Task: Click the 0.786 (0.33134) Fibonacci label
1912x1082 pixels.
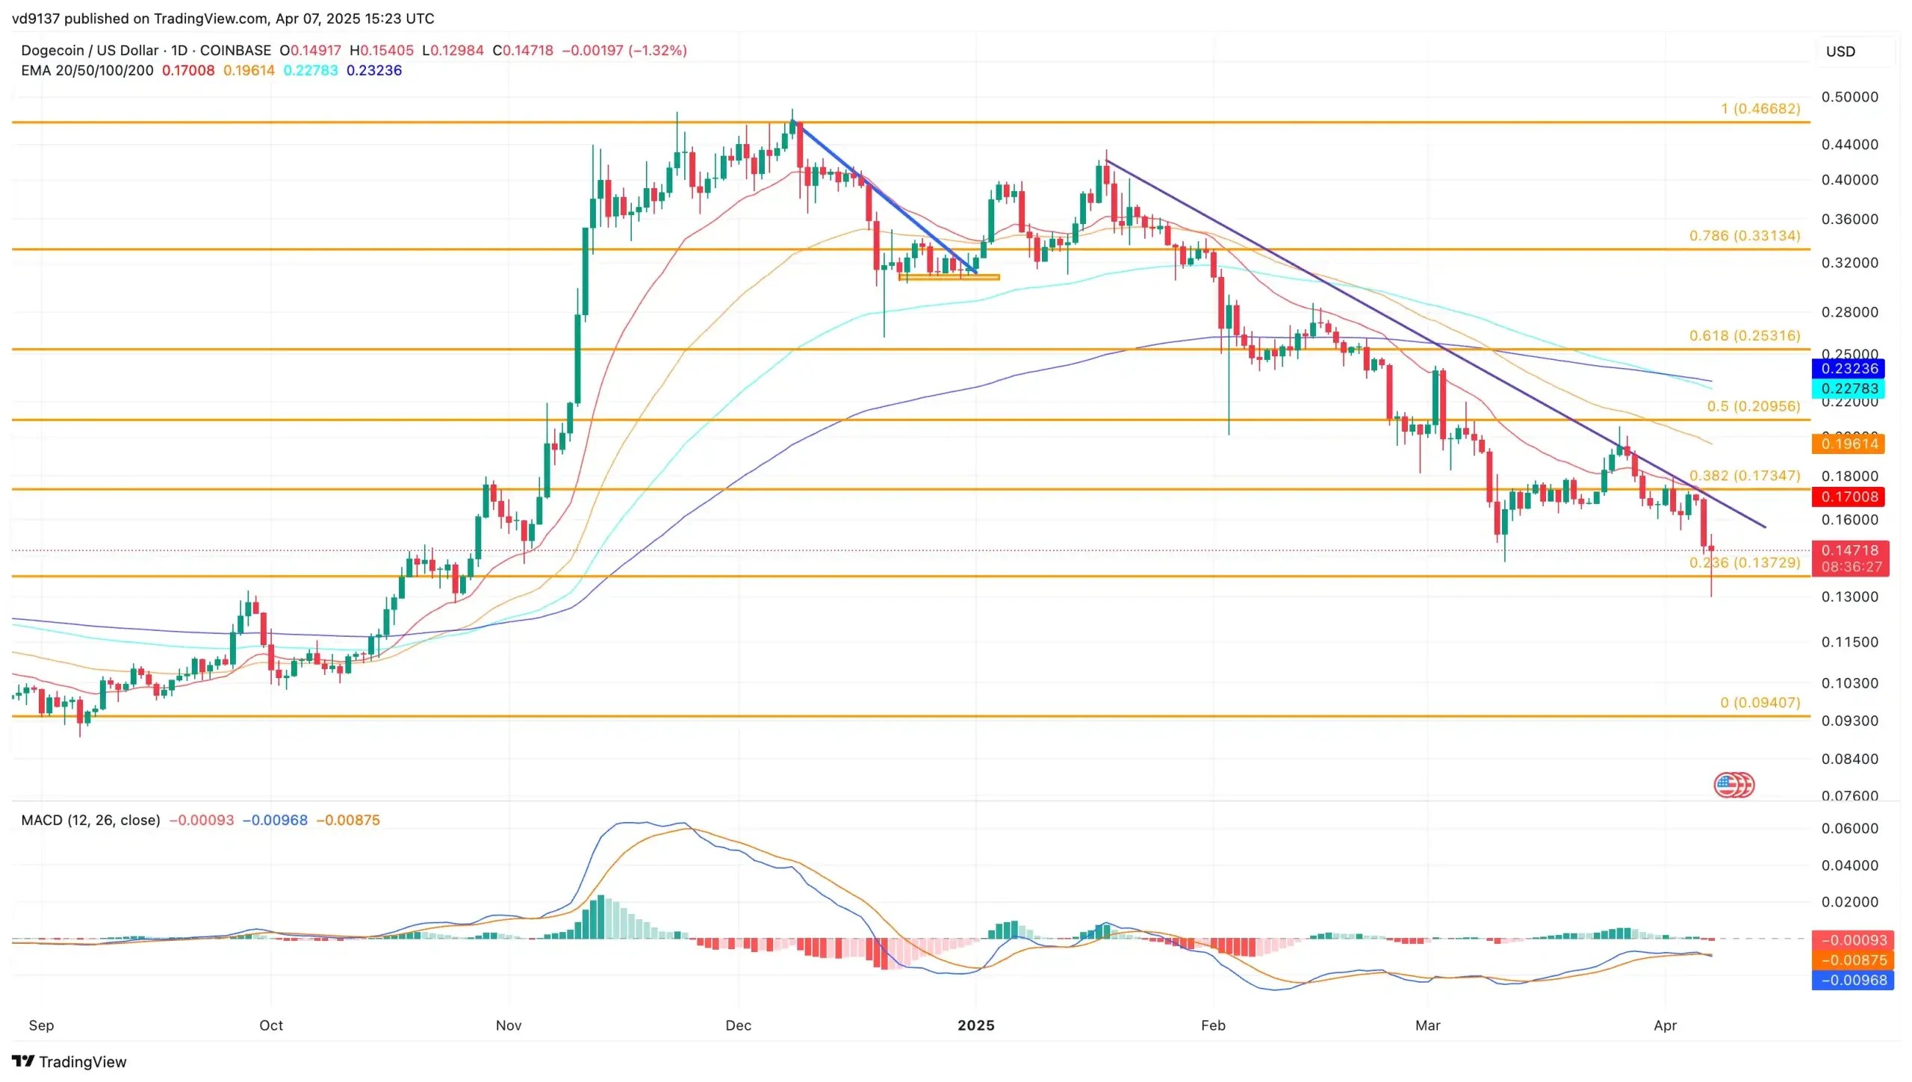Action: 1744,236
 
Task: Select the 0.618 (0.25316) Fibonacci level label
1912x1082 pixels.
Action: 1744,336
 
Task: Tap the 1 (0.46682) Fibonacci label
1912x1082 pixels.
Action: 1760,109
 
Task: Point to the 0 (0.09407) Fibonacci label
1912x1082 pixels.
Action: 1760,703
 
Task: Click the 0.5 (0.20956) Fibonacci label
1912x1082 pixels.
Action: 1753,406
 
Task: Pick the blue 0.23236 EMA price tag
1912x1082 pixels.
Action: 1849,369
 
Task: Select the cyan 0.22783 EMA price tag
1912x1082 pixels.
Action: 1849,388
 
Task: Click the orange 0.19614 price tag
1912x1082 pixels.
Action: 1849,444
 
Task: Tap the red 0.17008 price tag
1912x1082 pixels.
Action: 1849,497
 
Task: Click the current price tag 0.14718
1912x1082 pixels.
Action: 1849,551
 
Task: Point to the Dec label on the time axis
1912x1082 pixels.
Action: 738,1025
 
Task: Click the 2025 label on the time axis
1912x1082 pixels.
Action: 975,1025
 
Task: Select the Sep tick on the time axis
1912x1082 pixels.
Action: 41,1025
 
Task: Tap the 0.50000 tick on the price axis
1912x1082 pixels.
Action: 1849,97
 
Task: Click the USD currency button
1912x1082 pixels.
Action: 1840,52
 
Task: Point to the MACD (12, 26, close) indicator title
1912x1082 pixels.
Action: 90,820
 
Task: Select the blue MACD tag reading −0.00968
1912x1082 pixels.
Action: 1853,980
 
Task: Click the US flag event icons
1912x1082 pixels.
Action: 1733,785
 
